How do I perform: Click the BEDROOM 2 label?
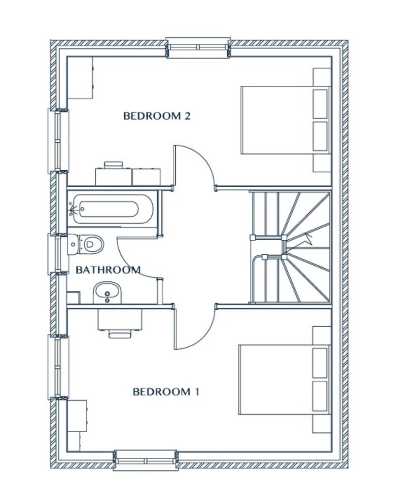[x=157, y=116]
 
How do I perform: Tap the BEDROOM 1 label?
[x=166, y=392]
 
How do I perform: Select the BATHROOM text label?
[x=108, y=270]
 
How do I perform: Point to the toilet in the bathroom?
[x=85, y=244]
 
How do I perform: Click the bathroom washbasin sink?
[x=107, y=293]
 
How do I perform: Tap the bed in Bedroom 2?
[x=285, y=120]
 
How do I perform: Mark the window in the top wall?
[x=198, y=48]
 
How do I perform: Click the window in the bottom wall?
[x=145, y=461]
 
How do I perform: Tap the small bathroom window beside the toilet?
[x=58, y=252]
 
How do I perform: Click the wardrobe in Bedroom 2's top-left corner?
[x=80, y=78]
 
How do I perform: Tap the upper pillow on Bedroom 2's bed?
[x=320, y=104]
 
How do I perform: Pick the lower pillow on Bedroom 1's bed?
[x=320, y=396]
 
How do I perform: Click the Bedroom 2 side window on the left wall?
[x=58, y=140]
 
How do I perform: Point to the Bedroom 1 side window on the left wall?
[x=58, y=367]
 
